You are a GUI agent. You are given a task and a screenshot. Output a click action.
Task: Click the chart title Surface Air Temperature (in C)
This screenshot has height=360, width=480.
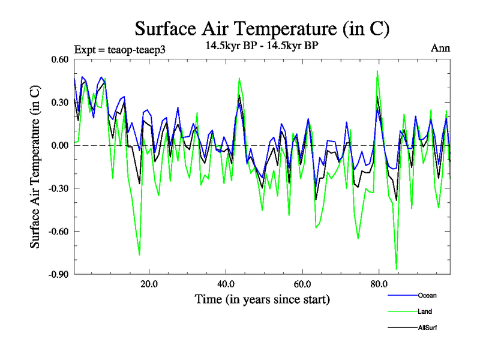click(262, 29)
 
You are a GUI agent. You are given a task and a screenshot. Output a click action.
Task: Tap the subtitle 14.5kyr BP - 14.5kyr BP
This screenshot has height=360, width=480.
click(262, 47)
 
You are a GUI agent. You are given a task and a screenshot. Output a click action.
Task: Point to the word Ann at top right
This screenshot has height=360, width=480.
click(440, 48)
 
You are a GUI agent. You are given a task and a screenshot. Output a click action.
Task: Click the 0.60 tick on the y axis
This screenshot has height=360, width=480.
click(60, 59)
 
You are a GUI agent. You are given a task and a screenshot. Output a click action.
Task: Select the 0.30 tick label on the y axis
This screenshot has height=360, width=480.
click(60, 103)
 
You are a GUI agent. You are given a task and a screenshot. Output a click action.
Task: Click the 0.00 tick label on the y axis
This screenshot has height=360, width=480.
click(60, 145)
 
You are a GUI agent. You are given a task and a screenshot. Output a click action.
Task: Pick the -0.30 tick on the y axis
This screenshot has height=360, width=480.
click(59, 188)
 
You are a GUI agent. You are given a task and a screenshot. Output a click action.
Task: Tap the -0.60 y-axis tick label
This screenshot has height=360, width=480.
click(59, 231)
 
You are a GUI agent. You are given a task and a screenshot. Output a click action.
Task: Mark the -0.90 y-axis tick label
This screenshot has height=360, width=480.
click(59, 274)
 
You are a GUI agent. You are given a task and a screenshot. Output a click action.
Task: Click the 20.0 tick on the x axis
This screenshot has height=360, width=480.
click(148, 284)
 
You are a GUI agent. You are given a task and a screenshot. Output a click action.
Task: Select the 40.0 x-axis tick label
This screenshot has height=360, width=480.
click(225, 284)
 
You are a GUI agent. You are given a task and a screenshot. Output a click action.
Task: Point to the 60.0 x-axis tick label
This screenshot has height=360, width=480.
click(302, 284)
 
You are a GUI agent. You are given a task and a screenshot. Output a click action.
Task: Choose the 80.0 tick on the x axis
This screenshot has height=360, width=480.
click(379, 284)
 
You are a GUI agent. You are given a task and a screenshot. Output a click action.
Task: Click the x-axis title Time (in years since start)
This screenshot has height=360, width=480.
click(262, 299)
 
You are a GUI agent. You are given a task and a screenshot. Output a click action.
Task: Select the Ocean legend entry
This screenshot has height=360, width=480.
click(427, 295)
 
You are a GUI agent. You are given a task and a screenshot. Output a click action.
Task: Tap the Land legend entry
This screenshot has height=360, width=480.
click(425, 311)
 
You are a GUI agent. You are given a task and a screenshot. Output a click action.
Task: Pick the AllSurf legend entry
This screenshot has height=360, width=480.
click(427, 328)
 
